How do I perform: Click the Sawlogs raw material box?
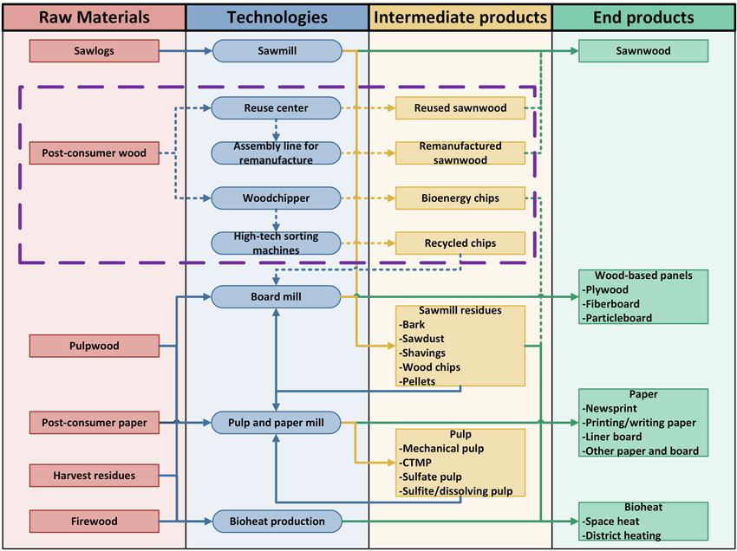94,51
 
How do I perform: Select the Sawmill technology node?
277,51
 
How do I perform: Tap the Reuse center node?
276,108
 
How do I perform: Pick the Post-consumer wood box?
94,153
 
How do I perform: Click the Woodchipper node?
276,198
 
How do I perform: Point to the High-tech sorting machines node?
276,243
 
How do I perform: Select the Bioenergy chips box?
460,198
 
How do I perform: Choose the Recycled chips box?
460,243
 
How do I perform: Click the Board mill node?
276,297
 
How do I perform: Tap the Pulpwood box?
94,346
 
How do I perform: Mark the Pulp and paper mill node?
276,423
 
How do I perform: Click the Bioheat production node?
277,522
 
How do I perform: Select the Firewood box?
94,522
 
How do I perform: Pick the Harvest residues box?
94,476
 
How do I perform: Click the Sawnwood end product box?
643,51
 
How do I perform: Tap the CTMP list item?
418,463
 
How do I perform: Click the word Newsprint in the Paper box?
610,408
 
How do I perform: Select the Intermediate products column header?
460,17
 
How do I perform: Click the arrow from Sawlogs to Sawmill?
186,51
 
